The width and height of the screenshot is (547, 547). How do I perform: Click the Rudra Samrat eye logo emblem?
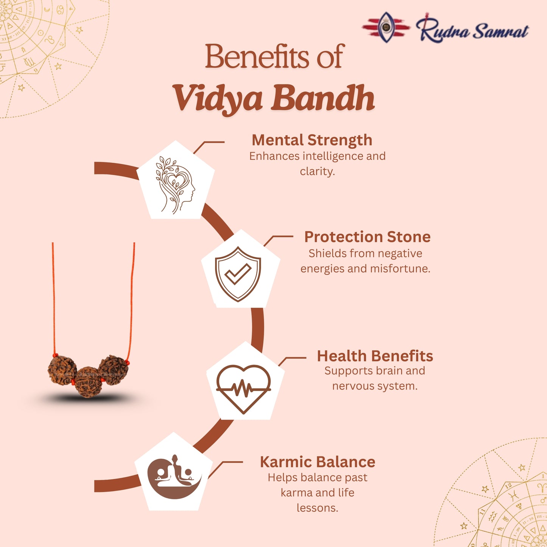386,27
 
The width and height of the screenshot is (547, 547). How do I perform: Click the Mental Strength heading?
312,140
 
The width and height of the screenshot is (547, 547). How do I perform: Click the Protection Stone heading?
367,237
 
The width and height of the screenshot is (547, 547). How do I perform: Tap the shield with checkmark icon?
238,274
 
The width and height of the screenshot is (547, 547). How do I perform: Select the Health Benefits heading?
375,356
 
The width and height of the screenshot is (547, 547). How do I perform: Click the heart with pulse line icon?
243,388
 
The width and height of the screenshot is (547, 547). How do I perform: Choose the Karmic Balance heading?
317,462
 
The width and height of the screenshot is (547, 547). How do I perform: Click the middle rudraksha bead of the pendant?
88,382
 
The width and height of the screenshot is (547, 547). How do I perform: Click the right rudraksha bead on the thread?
114,369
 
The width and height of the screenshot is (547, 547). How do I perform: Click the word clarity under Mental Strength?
317,171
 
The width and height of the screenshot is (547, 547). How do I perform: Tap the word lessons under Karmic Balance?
317,508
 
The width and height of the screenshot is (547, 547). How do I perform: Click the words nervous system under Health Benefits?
375,386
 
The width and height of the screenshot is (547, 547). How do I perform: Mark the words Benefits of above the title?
274,57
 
